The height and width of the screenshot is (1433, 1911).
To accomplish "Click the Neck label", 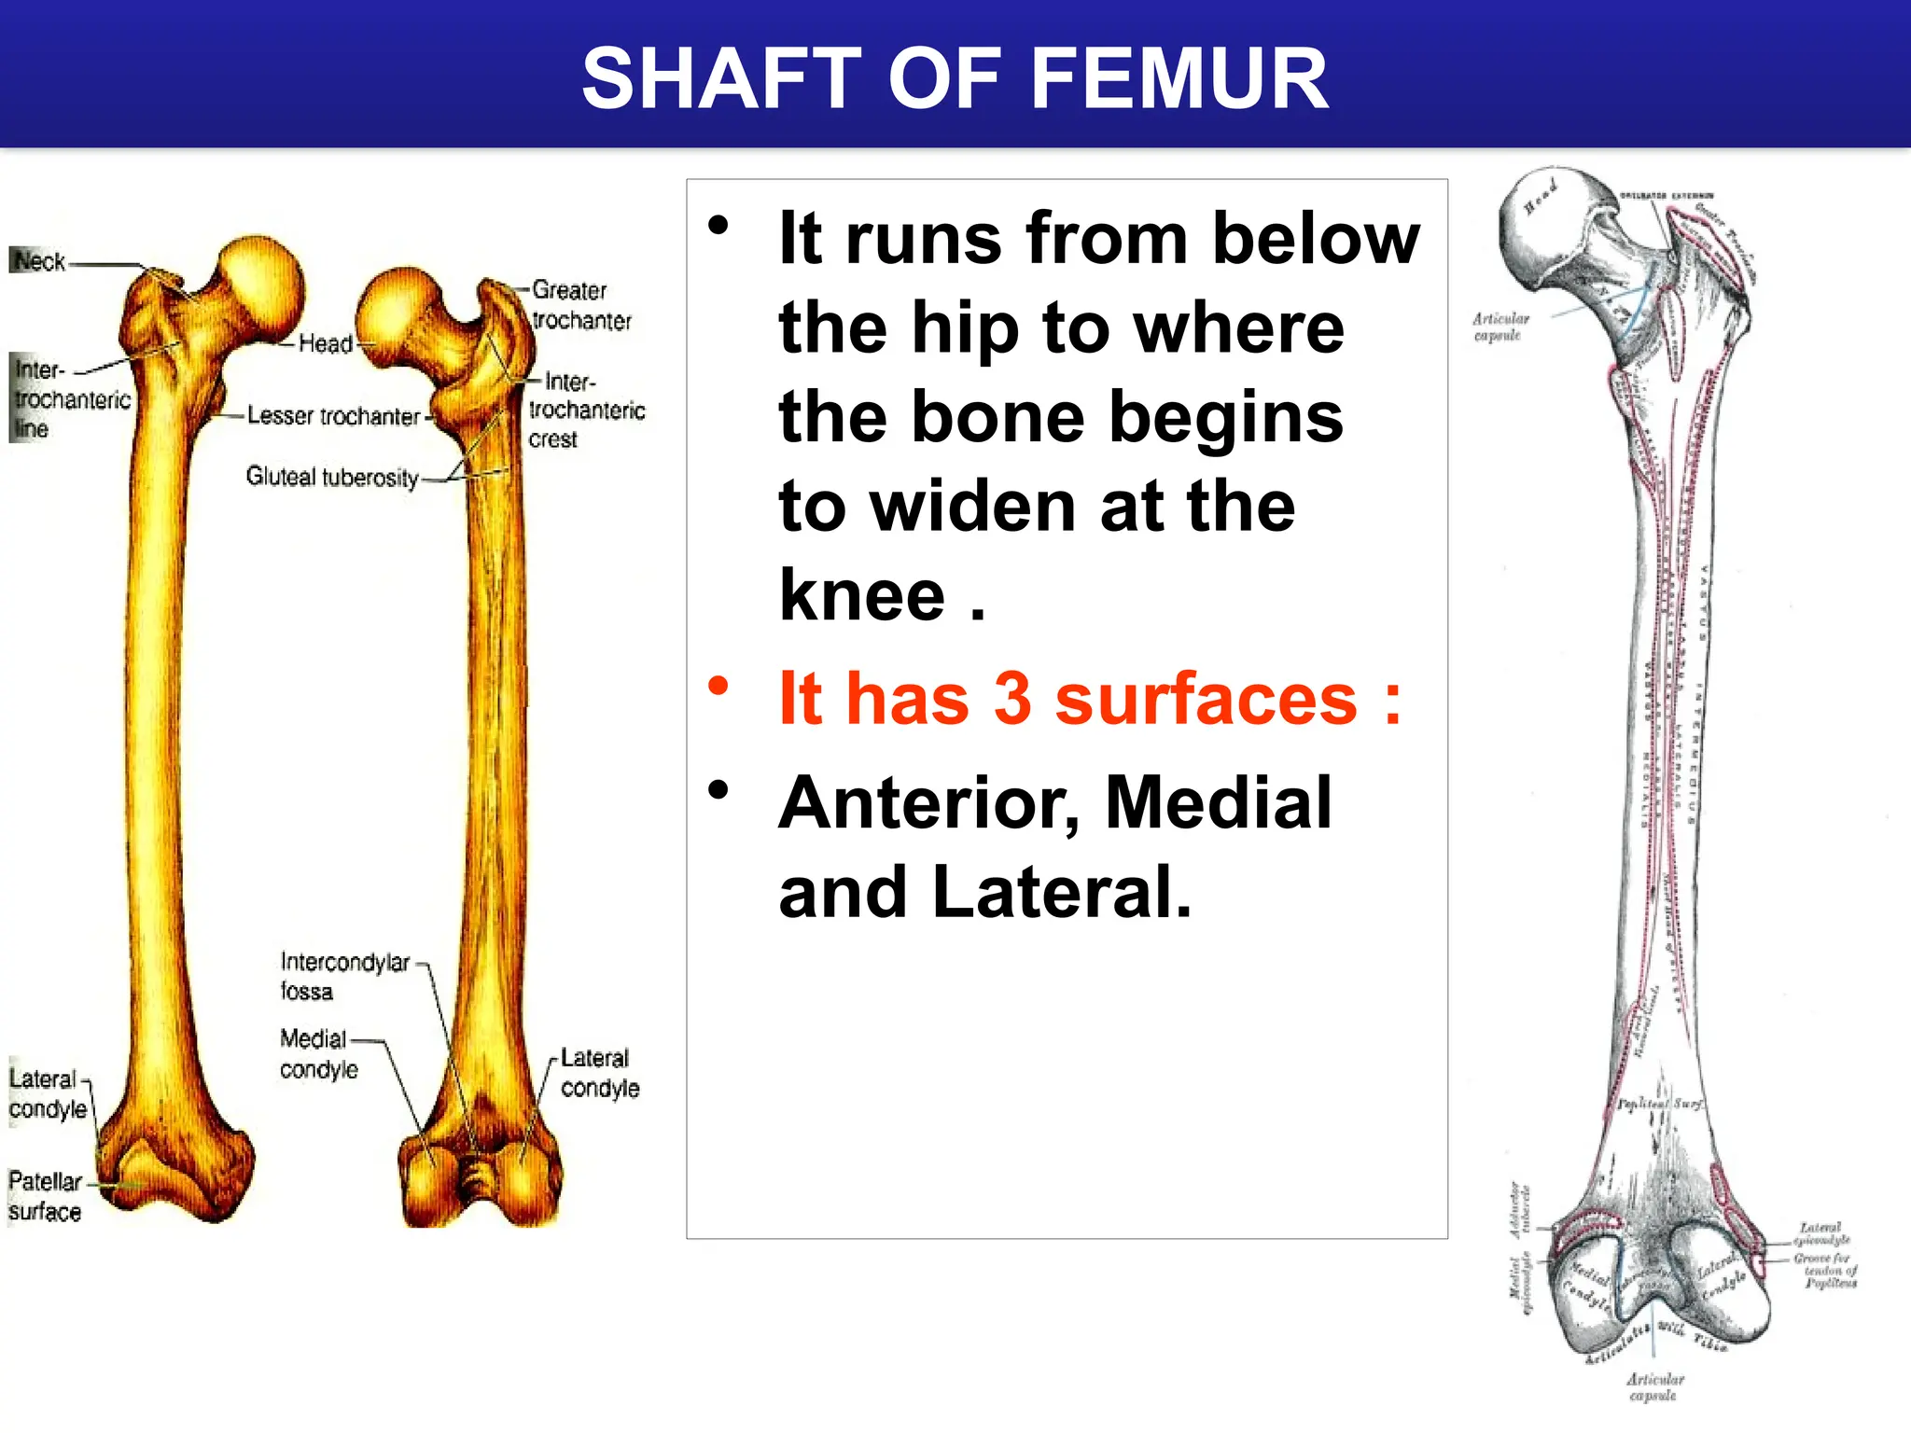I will (x=39, y=261).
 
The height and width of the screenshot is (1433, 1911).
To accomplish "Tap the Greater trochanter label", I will (x=580, y=305).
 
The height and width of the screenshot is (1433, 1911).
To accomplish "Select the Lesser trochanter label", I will (x=333, y=416).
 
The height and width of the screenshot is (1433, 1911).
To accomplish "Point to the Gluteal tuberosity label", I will (x=331, y=477).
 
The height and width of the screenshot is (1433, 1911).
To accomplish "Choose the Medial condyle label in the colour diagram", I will (x=317, y=1053).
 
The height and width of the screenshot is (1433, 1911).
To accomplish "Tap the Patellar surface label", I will (x=45, y=1196).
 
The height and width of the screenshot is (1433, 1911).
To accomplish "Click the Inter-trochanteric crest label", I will (x=586, y=410).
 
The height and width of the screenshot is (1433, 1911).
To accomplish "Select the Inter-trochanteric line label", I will (x=70, y=399).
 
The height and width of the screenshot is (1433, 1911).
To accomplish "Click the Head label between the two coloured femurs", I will (x=325, y=344).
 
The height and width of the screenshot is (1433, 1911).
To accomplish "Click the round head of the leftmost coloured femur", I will (x=261, y=285).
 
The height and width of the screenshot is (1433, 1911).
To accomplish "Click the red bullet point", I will (x=718, y=687).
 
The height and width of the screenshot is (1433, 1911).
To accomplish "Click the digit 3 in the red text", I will (x=1011, y=699).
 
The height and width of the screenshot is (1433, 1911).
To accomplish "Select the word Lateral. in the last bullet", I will (x=1061, y=892).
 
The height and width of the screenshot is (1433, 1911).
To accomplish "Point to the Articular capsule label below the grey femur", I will (x=1654, y=1386).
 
